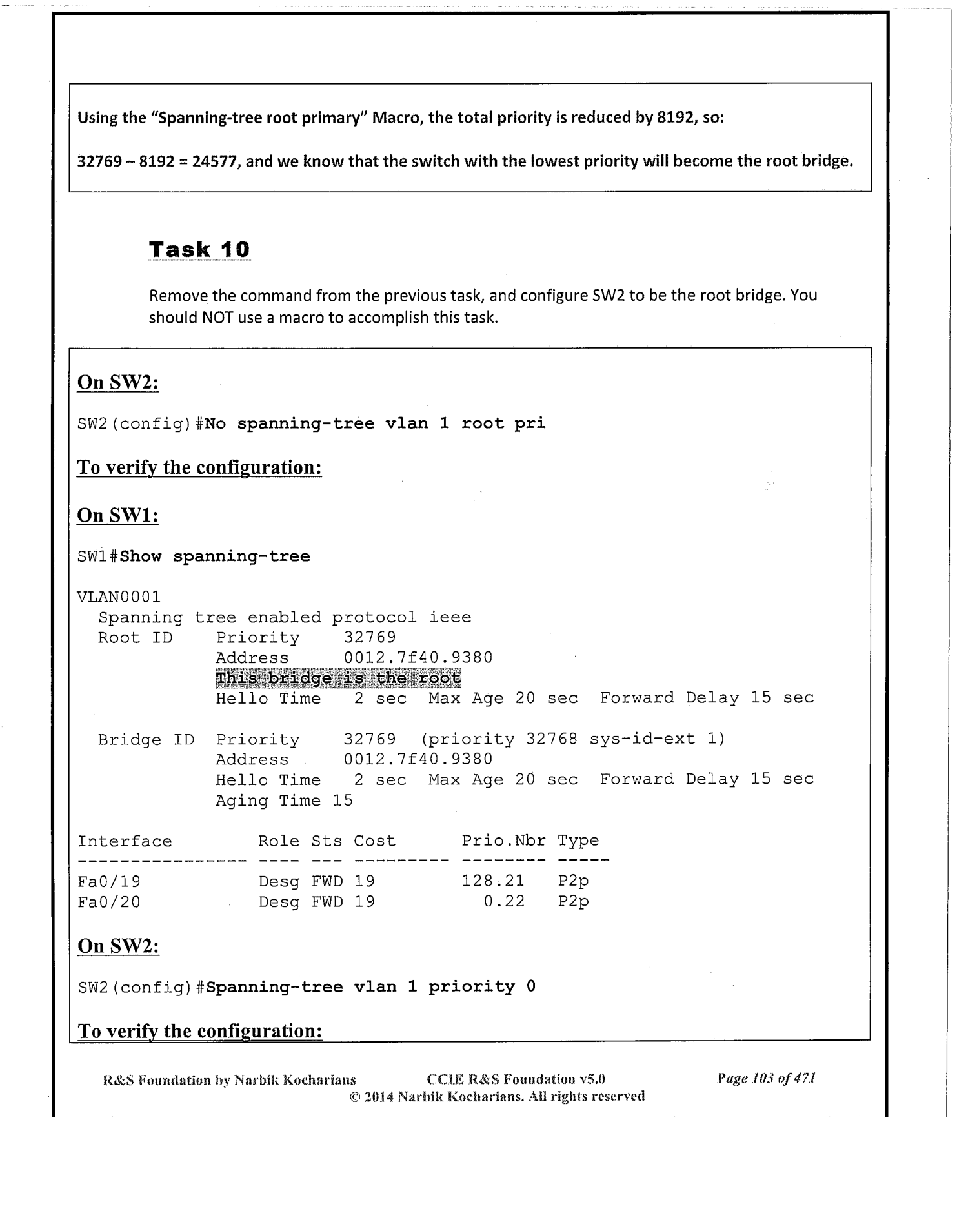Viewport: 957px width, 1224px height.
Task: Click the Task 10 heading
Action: (199, 249)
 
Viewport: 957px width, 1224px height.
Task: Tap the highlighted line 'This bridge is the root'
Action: (338, 678)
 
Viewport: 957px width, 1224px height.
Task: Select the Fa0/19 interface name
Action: (109, 881)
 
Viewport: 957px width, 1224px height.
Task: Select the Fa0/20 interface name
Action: (109, 902)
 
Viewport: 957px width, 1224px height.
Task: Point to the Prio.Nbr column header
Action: (503, 841)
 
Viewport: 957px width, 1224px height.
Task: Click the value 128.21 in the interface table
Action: (493, 881)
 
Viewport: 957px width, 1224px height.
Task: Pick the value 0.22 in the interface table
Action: (504, 902)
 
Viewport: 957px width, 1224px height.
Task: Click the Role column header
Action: (279, 841)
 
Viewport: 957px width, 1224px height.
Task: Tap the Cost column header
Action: (374, 841)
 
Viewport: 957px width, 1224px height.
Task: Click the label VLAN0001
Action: (119, 597)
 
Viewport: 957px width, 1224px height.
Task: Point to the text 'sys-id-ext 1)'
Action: (657, 739)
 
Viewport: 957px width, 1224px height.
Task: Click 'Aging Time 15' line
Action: (284, 801)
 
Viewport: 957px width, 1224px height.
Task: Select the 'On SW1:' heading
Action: (118, 515)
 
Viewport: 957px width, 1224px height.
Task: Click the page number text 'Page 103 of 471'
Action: (767, 1078)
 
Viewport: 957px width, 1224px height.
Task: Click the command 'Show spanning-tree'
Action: (215, 556)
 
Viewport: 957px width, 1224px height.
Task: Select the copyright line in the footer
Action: (497, 1096)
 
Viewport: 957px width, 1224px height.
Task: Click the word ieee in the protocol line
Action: (450, 617)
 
